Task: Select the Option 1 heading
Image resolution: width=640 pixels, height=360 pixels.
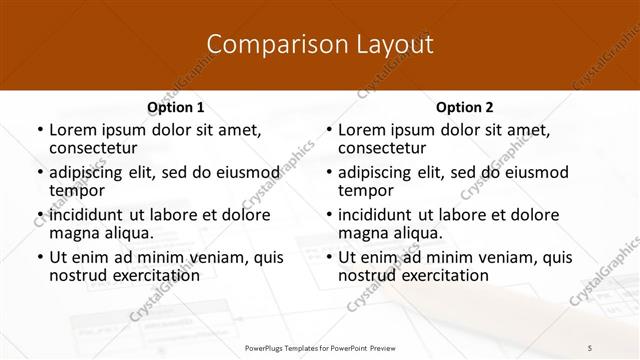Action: click(175, 107)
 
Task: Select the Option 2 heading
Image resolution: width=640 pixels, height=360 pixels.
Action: click(465, 107)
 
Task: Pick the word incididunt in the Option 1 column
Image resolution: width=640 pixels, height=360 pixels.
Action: click(85, 215)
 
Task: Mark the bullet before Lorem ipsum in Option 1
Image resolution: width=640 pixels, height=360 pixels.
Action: click(39, 130)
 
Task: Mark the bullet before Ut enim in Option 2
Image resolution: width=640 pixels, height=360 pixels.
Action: click(329, 258)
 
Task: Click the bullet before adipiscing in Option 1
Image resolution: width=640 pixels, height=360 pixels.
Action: click(39, 173)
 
